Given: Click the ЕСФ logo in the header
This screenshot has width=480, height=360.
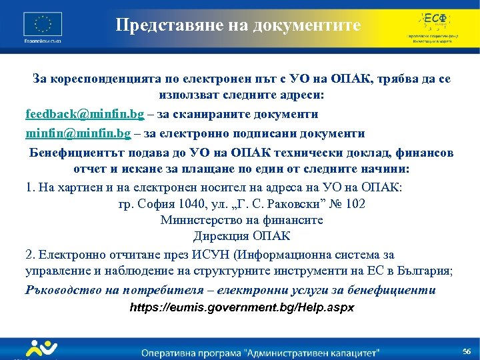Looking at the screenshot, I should [434, 25].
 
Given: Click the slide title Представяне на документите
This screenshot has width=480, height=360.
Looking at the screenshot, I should [238, 25].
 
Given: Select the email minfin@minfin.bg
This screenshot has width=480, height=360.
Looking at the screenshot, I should [78, 133].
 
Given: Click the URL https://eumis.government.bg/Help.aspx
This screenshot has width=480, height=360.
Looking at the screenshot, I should [241, 308].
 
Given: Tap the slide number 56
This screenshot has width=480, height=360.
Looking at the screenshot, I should [467, 351].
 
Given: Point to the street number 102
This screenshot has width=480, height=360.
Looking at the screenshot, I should [353, 204].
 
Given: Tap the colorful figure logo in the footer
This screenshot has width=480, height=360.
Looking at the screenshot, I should [41, 349].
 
